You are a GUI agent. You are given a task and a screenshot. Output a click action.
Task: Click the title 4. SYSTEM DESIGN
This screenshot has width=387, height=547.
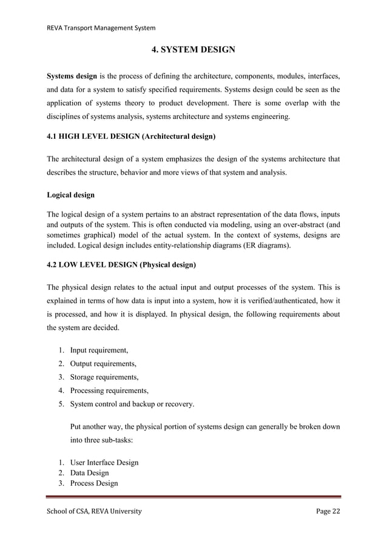(193, 49)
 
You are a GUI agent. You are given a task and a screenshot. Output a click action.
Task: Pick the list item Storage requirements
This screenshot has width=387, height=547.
(104, 377)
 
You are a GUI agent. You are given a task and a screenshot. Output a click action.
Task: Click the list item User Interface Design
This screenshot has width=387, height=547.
(104, 462)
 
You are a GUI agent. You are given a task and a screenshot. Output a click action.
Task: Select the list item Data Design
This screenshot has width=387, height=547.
(90, 472)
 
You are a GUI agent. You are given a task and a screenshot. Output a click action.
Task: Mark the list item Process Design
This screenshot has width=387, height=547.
(94, 483)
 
